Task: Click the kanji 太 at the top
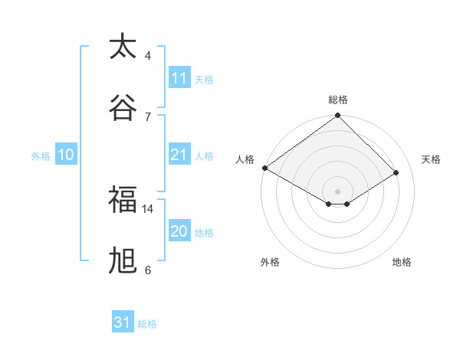click(x=123, y=47)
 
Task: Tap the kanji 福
click(x=123, y=200)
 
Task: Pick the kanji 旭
click(x=123, y=261)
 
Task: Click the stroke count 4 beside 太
click(x=148, y=56)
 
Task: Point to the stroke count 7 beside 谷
click(x=148, y=116)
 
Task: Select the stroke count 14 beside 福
click(x=148, y=208)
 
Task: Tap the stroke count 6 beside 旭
click(x=148, y=270)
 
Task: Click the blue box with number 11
click(x=179, y=78)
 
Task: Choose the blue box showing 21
click(x=179, y=155)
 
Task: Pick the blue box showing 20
click(x=179, y=231)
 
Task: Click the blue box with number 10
click(x=66, y=155)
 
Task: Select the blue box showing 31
click(x=123, y=322)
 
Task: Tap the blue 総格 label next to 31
click(x=147, y=324)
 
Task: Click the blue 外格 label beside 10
click(x=41, y=156)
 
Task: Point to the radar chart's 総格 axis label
click(x=338, y=100)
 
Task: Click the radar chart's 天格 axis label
click(x=432, y=159)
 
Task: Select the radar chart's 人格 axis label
click(x=245, y=159)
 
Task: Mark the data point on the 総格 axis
click(x=338, y=116)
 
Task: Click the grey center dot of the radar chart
click(x=338, y=191)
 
